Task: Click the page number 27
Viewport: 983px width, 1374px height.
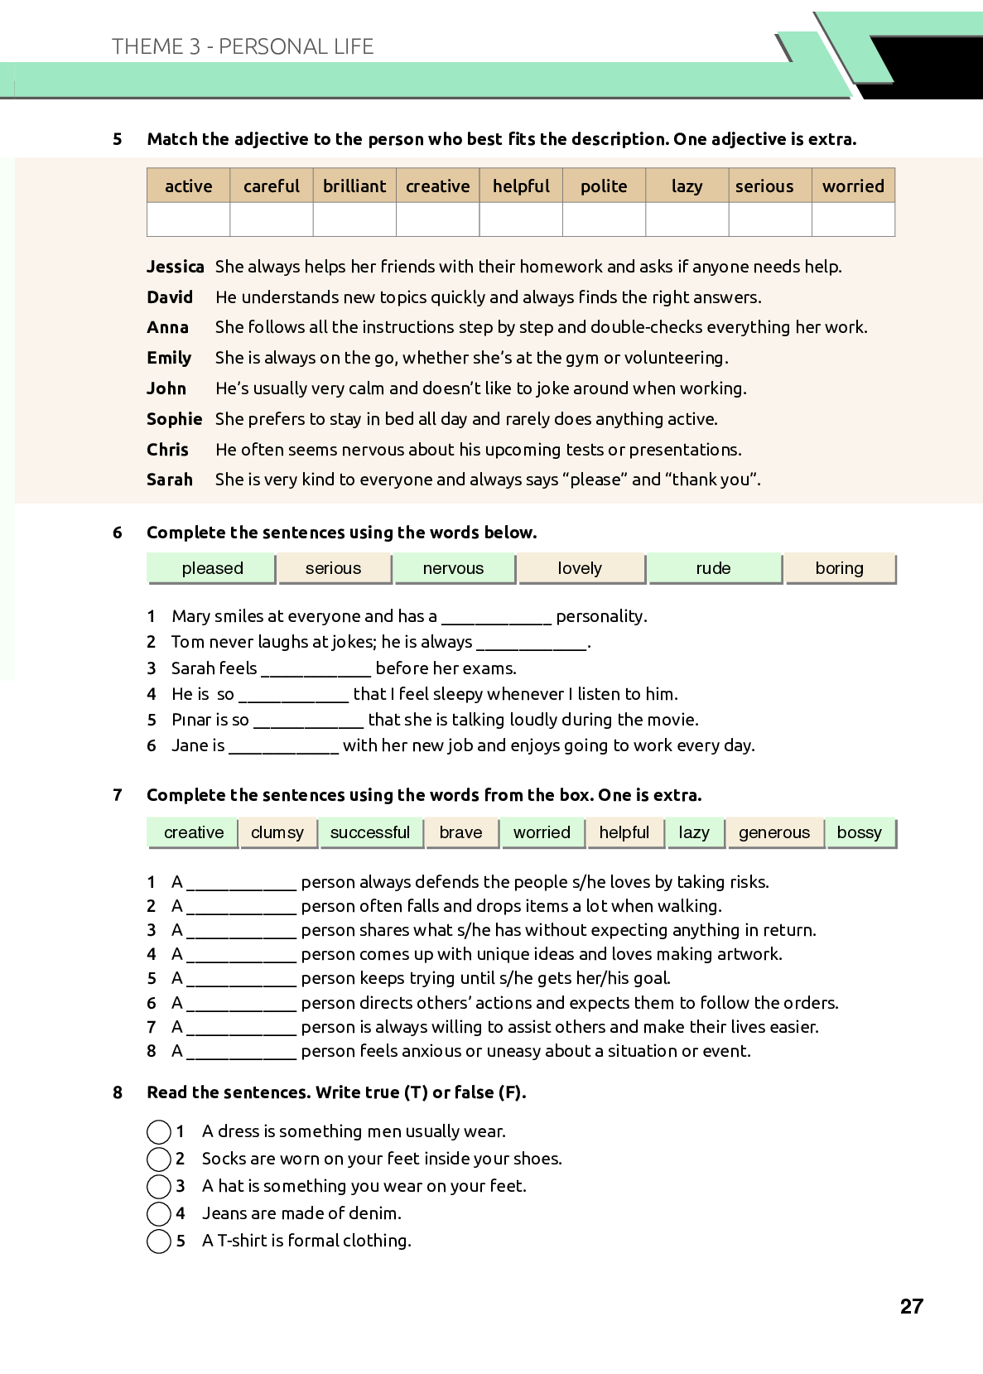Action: [911, 1306]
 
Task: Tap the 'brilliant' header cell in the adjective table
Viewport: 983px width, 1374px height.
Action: [354, 186]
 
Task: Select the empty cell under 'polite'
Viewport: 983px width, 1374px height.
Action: [604, 219]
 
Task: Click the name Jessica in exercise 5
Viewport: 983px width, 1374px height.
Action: [175, 267]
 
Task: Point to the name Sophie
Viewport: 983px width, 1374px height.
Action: [174, 419]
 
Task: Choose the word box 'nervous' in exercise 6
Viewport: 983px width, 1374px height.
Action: [453, 568]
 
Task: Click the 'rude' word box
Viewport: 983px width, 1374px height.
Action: [713, 568]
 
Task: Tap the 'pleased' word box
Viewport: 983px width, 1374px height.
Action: [212, 568]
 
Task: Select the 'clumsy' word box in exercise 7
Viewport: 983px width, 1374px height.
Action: [277, 832]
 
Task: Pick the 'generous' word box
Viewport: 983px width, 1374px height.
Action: [774, 832]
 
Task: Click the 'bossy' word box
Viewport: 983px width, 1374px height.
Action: [860, 832]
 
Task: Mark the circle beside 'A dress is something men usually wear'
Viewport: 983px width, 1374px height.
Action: [158, 1131]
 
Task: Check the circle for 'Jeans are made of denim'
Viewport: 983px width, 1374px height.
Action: [158, 1214]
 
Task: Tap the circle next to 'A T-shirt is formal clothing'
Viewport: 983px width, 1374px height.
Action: [158, 1241]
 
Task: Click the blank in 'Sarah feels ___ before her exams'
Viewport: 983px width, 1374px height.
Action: [316, 670]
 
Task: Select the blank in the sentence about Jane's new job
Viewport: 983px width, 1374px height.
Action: [283, 747]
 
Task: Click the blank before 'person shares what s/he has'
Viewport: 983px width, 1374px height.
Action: [241, 932]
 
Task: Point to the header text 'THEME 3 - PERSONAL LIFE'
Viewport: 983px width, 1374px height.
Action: [243, 46]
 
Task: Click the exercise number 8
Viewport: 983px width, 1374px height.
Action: [118, 1092]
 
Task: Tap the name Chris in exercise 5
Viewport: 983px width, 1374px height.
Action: [167, 450]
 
